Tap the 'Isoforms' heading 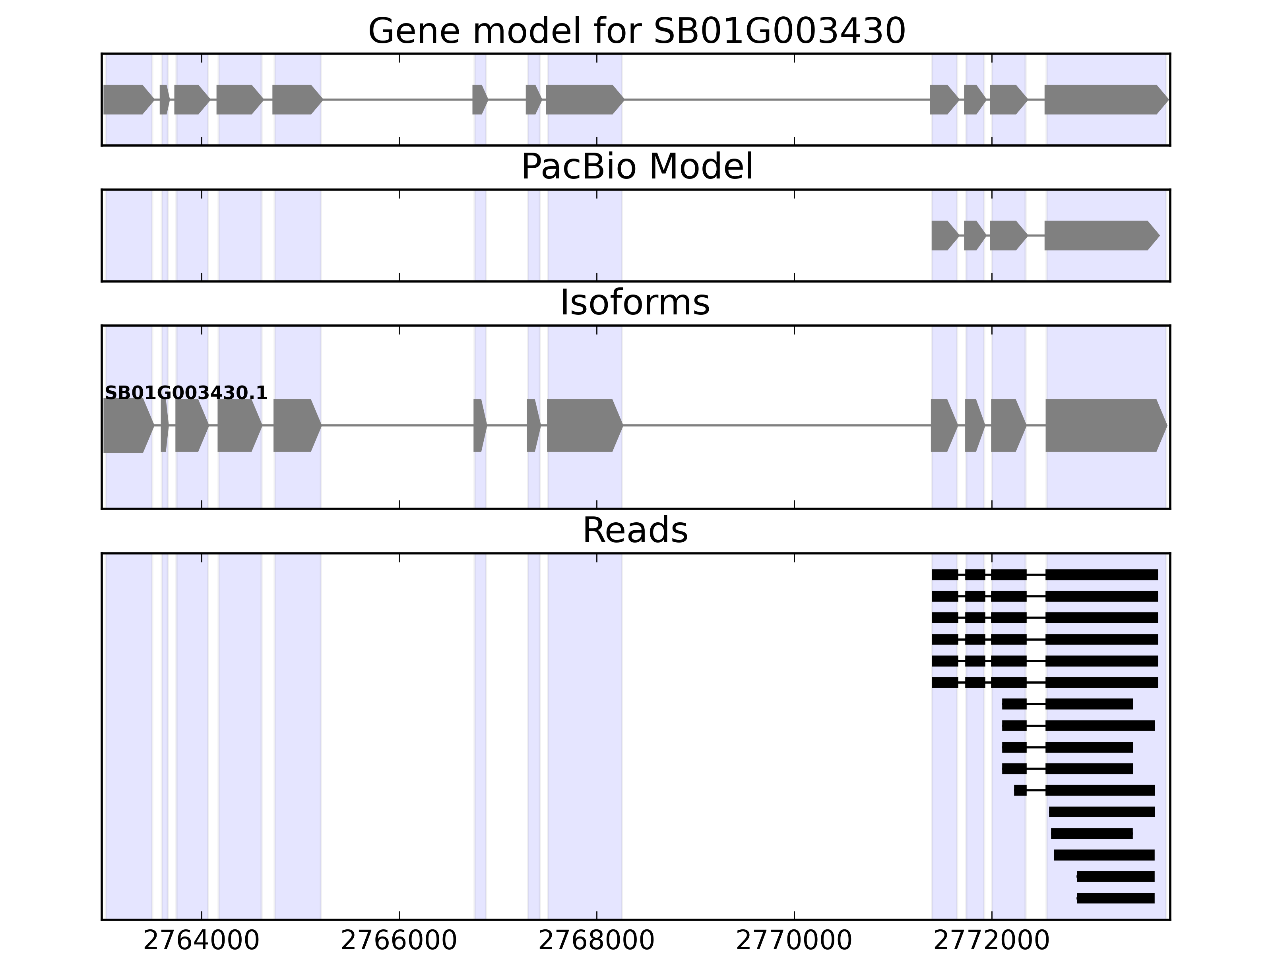tap(635, 303)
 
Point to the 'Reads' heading tap(635, 530)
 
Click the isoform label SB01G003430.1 tap(186, 393)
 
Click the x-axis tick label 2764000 tap(201, 941)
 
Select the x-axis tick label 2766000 tap(399, 941)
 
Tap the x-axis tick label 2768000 tap(596, 941)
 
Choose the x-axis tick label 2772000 tap(991, 941)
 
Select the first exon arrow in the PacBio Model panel tap(944, 236)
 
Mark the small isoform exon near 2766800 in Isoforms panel tap(479, 426)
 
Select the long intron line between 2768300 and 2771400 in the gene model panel tap(776, 99)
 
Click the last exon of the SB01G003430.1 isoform tap(1105, 426)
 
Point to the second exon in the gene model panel tap(164, 99)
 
